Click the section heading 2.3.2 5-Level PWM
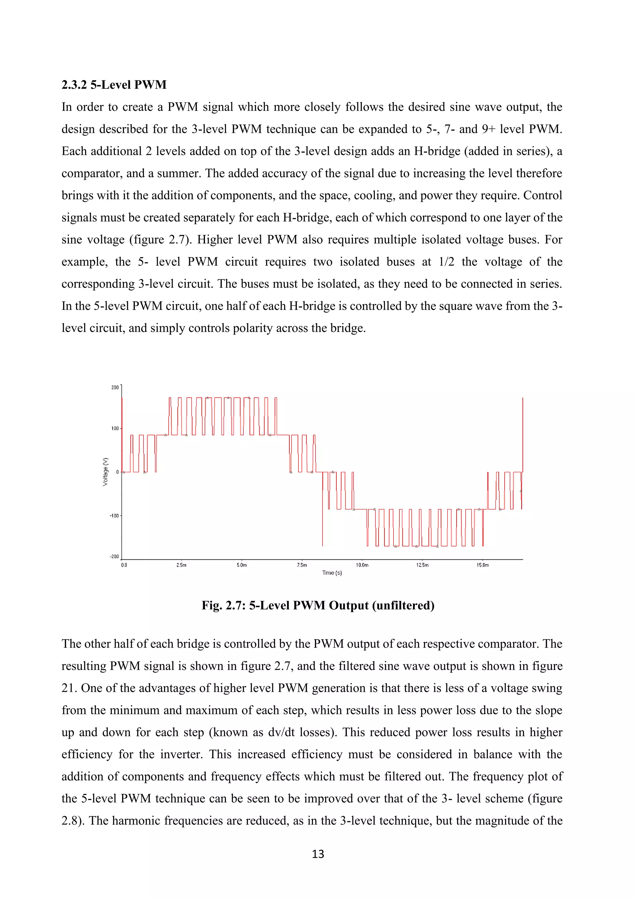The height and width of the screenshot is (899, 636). [x=114, y=84]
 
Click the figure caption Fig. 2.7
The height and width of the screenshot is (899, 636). [x=318, y=605]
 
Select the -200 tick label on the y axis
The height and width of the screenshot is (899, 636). [x=114, y=556]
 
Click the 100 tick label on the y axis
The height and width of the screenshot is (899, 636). [x=115, y=428]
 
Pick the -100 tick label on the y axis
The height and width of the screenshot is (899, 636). [x=114, y=516]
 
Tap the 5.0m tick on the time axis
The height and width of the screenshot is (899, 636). [x=242, y=565]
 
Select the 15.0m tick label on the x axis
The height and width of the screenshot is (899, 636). [x=483, y=565]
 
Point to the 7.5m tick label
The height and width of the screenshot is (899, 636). [x=302, y=565]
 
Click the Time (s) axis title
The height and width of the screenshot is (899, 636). [x=332, y=573]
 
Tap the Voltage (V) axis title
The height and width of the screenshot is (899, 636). [x=105, y=472]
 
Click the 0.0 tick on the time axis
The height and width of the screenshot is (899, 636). [x=124, y=565]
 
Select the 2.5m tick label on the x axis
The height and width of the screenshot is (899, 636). [x=181, y=565]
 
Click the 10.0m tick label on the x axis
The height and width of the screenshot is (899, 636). [x=362, y=565]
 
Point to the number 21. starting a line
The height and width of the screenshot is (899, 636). [x=69, y=688]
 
